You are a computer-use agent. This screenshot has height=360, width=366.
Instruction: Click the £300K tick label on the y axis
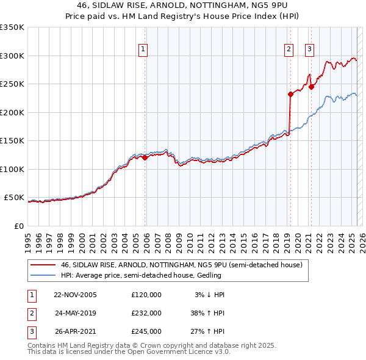tap(12, 56)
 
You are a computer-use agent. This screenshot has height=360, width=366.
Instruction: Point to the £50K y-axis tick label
tap(14, 198)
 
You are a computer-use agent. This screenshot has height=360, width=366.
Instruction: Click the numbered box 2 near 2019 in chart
tap(289, 49)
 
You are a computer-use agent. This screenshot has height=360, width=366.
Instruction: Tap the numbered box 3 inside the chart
tap(309, 49)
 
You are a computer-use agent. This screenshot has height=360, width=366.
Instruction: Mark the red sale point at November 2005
tap(145, 158)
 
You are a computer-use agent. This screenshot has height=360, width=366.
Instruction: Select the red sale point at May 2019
tap(290, 94)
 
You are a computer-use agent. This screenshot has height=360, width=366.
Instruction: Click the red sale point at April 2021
tap(311, 87)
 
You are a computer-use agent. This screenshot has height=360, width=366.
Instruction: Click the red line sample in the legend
tap(43, 265)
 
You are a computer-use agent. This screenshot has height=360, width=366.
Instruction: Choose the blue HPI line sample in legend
tap(43, 276)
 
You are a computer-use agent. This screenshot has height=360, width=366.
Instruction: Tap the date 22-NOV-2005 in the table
tap(75, 295)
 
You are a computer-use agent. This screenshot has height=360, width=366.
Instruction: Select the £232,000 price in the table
tap(146, 313)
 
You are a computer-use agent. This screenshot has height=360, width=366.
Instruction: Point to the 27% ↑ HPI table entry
tap(209, 331)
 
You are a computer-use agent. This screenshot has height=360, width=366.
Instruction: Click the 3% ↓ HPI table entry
tap(210, 295)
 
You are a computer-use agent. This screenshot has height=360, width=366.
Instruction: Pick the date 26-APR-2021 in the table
tap(75, 331)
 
